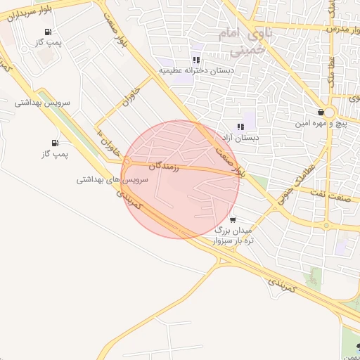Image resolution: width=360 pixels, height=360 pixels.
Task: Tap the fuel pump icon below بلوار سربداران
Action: (x=47, y=32)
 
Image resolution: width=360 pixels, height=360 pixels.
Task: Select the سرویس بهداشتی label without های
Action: (x=44, y=103)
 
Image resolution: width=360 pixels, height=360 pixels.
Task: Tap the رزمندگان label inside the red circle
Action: (x=165, y=166)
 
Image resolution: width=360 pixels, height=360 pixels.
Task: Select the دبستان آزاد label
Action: (x=240, y=138)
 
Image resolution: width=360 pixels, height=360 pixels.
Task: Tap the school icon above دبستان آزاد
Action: (x=240, y=127)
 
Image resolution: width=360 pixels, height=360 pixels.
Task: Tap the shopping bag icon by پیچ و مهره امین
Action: (x=321, y=112)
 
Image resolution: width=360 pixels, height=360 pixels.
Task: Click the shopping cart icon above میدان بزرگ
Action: (x=232, y=219)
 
